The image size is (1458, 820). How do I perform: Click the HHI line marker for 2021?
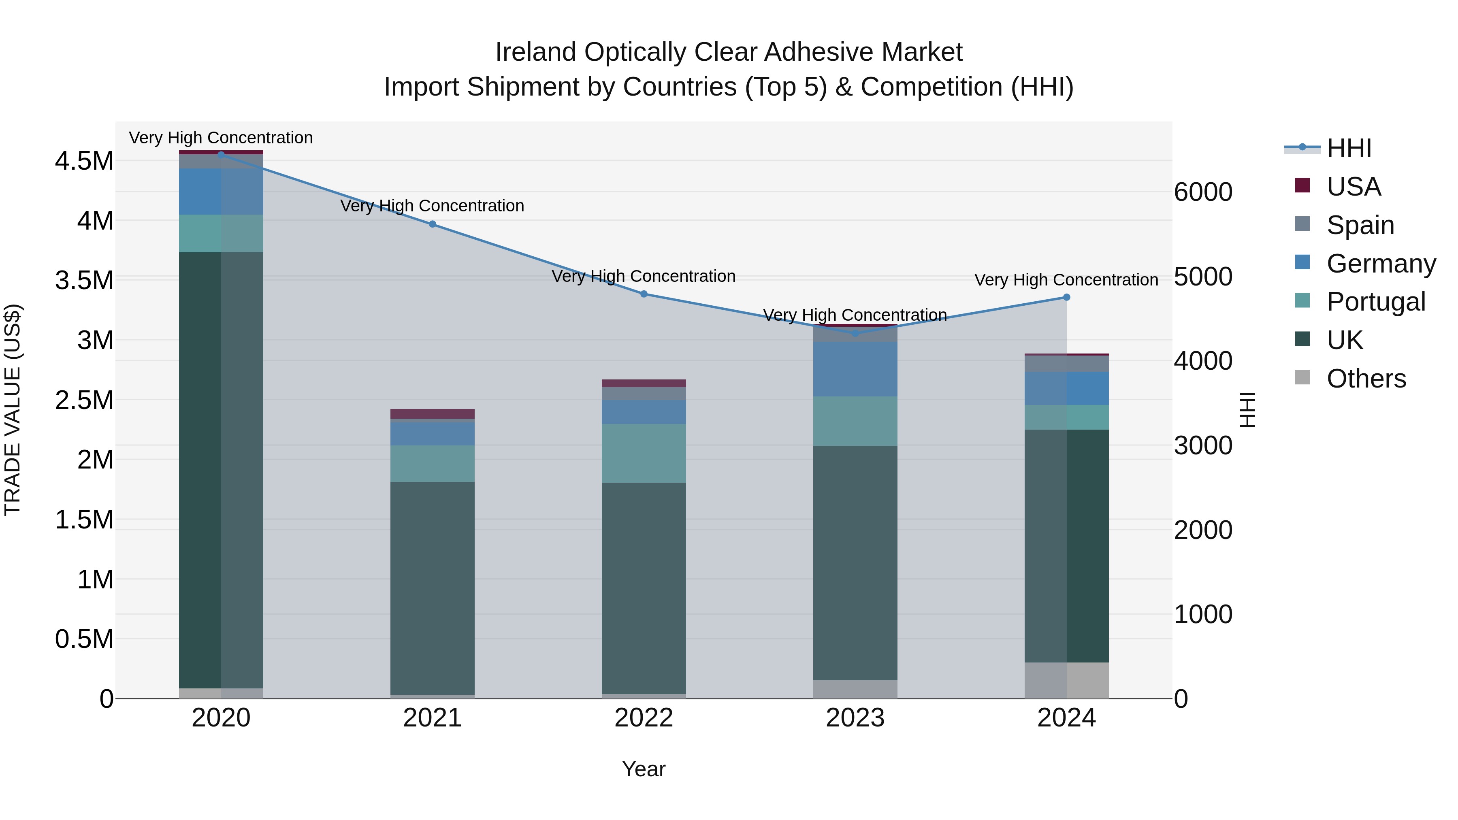pyautogui.click(x=433, y=224)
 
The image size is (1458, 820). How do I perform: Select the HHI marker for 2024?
pyautogui.click(x=1066, y=297)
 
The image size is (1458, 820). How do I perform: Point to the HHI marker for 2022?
pyautogui.click(x=644, y=294)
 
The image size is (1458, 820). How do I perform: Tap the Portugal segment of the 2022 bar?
pyautogui.click(x=644, y=453)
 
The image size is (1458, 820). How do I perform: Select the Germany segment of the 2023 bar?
pyautogui.click(x=855, y=368)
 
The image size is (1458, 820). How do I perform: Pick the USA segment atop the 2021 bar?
pyautogui.click(x=433, y=414)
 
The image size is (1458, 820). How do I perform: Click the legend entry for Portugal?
pyautogui.click(x=1375, y=302)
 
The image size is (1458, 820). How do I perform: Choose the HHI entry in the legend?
pyautogui.click(x=1349, y=148)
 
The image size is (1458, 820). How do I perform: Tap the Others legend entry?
pyautogui.click(x=1366, y=379)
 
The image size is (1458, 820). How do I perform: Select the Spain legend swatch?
pyautogui.click(x=1302, y=224)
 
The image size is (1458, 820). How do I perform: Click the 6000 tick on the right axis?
pyautogui.click(x=1203, y=192)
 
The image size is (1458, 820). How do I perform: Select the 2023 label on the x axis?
pyautogui.click(x=855, y=718)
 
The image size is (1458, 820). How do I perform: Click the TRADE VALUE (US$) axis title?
pyautogui.click(x=13, y=410)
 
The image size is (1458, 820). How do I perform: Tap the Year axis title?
pyautogui.click(x=644, y=769)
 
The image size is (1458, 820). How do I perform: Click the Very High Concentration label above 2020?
pyautogui.click(x=221, y=138)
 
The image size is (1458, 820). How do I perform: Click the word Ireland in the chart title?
pyautogui.click(x=535, y=52)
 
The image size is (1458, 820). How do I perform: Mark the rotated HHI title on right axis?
pyautogui.click(x=1247, y=410)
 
